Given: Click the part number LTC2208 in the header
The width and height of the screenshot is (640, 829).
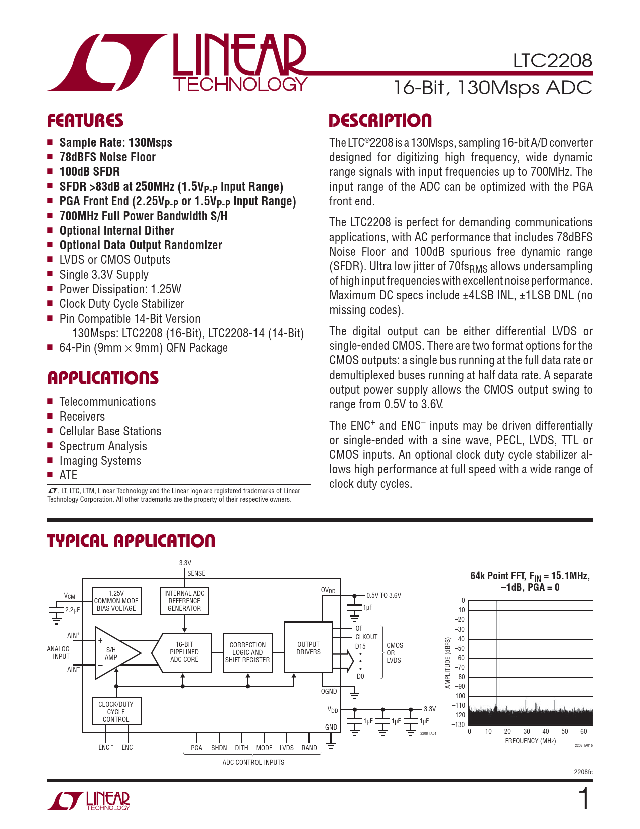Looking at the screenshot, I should point(552,61).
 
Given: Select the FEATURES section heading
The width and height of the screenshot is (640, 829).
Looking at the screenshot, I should point(85,121).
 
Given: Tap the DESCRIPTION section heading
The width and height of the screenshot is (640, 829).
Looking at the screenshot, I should point(380,121).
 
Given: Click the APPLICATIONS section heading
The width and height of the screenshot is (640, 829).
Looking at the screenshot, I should point(103,378).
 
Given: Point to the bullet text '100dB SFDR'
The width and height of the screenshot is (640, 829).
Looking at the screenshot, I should point(89,172).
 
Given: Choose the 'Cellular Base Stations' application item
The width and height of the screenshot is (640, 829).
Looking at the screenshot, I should point(110,431).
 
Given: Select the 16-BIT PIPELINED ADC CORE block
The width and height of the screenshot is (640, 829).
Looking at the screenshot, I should point(184,652).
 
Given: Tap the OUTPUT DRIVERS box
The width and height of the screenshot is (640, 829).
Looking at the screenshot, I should point(308,648).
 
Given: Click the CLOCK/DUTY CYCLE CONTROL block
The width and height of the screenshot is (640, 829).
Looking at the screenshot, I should point(116,712).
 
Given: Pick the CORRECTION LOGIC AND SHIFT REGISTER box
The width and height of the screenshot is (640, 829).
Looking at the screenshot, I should point(247,652).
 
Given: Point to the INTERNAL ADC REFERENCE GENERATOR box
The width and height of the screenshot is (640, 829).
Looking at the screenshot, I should point(184,601).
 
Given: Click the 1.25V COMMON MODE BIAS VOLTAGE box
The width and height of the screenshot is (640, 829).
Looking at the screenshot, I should point(116,601).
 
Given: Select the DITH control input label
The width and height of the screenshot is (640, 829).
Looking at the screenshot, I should point(241,748).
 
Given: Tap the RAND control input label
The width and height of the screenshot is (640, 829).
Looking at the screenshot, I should point(309,748).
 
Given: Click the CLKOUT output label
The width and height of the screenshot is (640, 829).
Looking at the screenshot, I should point(366,637).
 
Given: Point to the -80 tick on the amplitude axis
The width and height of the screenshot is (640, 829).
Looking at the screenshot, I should point(459,677).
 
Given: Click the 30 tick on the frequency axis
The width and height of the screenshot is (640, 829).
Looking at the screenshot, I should point(527,732).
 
